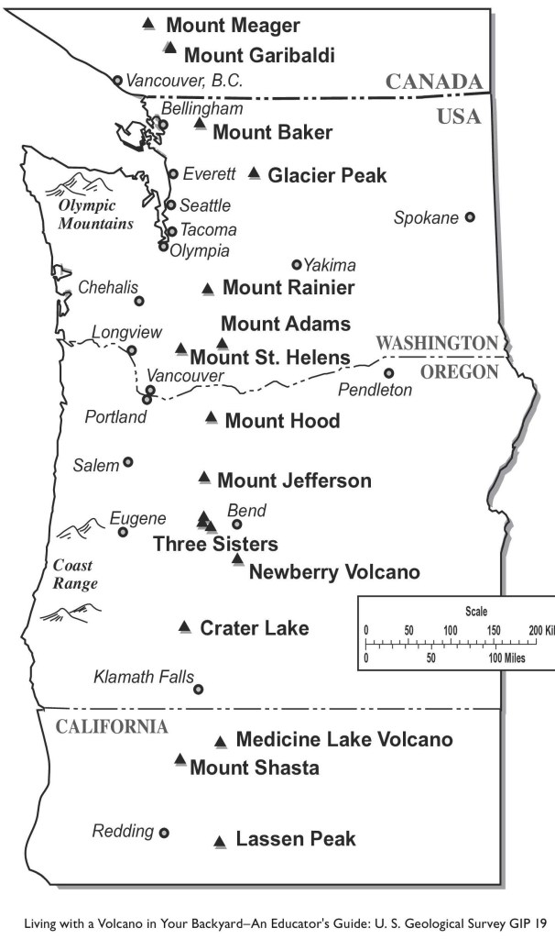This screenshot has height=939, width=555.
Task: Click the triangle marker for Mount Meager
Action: pos(149,23)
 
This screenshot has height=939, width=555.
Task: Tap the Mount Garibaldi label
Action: pos(259,55)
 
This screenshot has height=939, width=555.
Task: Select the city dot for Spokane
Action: pos(470,217)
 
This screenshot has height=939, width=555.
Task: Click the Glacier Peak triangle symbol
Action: pos(255,172)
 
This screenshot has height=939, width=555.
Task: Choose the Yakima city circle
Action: pos(297,264)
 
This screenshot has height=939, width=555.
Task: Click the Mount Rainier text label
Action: pos(288,288)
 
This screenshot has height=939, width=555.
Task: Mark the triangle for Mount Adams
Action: pos(222,343)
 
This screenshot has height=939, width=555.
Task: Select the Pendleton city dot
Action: pos(388,373)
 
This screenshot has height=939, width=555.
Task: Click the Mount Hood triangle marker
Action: pos(212,418)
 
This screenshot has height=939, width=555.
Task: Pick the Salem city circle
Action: pos(128,462)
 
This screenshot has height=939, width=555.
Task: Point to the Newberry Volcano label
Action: pos(334,572)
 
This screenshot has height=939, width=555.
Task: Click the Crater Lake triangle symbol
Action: pos(185,627)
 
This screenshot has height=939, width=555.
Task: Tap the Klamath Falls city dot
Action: pos(198,690)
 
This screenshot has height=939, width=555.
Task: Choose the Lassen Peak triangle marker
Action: pos(220,841)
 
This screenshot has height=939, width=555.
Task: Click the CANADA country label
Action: pos(433,82)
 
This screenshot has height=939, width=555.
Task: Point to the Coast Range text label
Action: pos(74,574)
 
